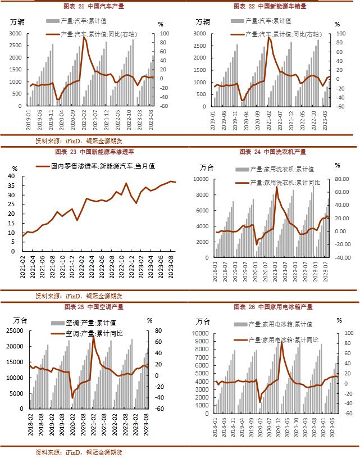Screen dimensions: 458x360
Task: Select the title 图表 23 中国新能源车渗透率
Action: tap(94, 152)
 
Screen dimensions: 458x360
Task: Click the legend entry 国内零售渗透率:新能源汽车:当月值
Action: tap(103, 166)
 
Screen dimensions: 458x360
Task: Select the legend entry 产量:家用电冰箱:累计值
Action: tap(281, 324)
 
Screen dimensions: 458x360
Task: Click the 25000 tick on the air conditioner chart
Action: tap(13, 330)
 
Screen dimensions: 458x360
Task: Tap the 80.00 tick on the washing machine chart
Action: tap(342, 179)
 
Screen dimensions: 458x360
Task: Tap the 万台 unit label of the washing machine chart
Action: tap(207, 167)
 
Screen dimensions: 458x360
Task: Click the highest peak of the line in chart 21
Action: tap(84, 38)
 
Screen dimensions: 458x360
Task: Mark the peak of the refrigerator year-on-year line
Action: tap(281, 342)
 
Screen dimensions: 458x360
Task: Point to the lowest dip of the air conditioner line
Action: tap(72, 398)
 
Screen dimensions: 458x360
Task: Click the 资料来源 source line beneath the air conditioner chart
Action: tap(79, 452)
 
